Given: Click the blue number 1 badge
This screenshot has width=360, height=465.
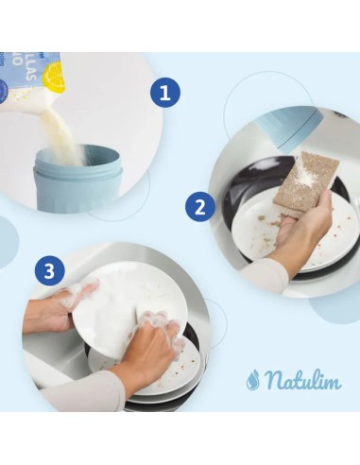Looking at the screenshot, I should click(x=164, y=93).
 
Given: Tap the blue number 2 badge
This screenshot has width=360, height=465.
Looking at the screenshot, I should click(x=199, y=206).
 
